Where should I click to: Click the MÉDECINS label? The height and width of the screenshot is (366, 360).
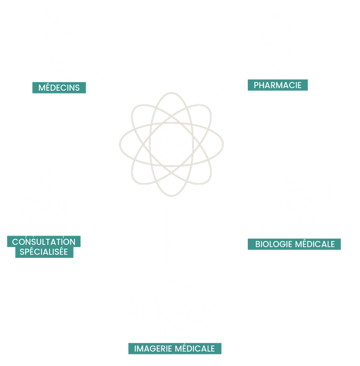(x=59, y=87)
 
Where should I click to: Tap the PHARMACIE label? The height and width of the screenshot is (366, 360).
(x=278, y=85)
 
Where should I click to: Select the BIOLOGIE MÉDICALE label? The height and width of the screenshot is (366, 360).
(x=295, y=244)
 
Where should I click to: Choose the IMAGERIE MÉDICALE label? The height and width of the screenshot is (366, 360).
(x=174, y=349)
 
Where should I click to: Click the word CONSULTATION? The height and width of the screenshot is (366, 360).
(x=44, y=242)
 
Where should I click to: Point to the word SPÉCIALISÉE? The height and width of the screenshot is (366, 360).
(x=44, y=252)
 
